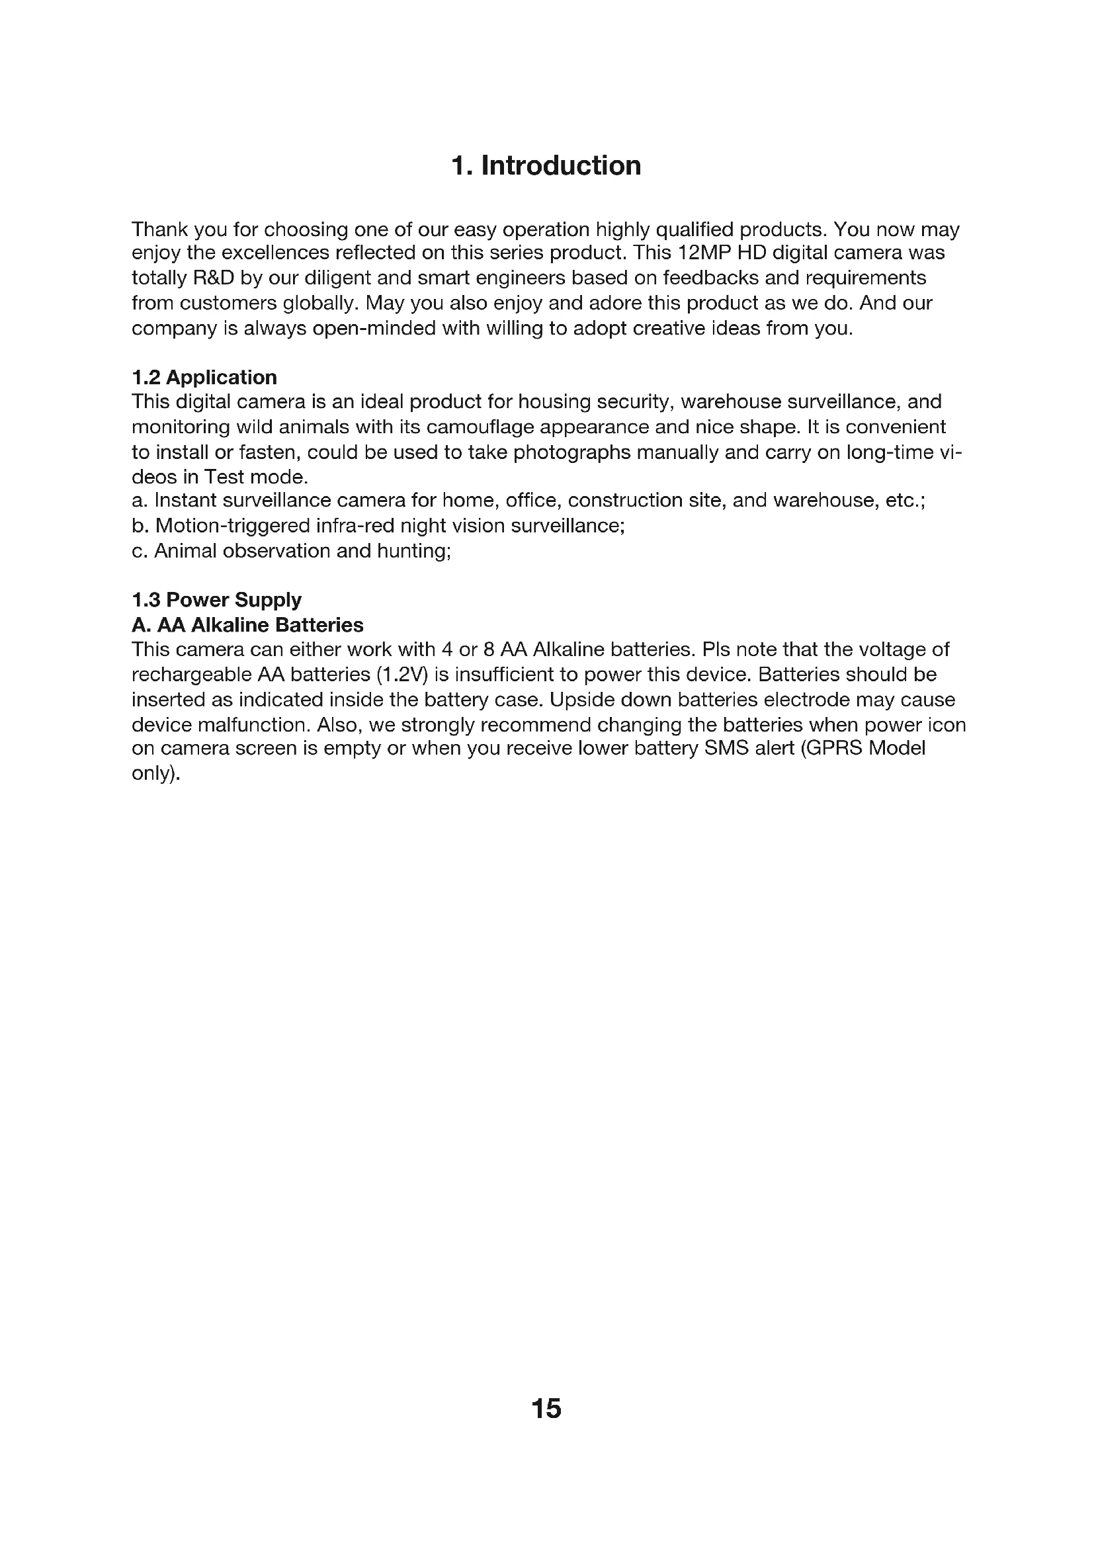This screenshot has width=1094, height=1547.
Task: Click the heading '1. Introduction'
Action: point(546,166)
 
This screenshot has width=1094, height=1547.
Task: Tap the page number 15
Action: point(546,1409)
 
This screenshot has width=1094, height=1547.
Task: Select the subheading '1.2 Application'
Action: point(204,377)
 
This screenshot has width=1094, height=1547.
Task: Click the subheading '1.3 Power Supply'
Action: point(216,600)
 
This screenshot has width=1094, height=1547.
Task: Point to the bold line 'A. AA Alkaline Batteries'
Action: point(247,625)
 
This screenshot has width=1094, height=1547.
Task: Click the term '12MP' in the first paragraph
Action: point(703,253)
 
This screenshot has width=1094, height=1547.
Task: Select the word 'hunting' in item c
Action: point(413,551)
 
